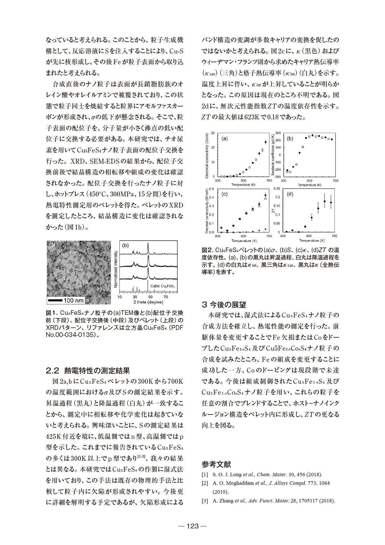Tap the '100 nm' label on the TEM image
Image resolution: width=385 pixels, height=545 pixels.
pyautogui.click(x=74, y=300)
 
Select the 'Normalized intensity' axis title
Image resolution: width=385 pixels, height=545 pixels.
pyautogui.click(x=116, y=269)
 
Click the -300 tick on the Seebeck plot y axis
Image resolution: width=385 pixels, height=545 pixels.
pyautogui.click(x=277, y=177)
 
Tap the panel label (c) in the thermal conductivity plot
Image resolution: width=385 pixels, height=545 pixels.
pyautogui.click(x=224, y=194)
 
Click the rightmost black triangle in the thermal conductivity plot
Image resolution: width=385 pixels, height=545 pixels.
pyautogui.click(x=266, y=229)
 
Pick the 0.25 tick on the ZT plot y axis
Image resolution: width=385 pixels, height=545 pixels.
pyautogui.click(x=277, y=188)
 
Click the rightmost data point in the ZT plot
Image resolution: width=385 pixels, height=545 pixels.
pyautogui.click(x=331, y=203)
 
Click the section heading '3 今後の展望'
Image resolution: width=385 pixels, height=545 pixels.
pyautogui.click(x=224, y=305)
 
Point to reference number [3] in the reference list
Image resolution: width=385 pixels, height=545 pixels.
pyautogui.click(x=204, y=501)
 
